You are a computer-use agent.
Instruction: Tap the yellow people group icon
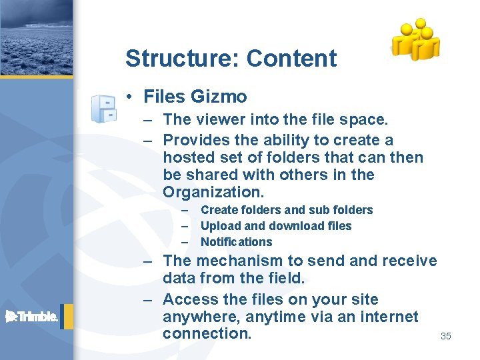pos(415,39)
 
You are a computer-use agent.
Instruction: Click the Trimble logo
pos(33,317)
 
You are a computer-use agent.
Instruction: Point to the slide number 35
pos(445,336)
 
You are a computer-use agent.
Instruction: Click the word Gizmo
pos(219,97)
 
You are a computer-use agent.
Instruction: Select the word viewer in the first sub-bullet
pos(215,120)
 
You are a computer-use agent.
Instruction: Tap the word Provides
pos(195,140)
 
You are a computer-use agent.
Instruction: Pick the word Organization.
pos(213,192)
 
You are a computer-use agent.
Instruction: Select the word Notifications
pos(236,242)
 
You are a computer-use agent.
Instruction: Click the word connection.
pos(207,333)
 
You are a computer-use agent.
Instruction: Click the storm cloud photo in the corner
pos(36,37)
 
